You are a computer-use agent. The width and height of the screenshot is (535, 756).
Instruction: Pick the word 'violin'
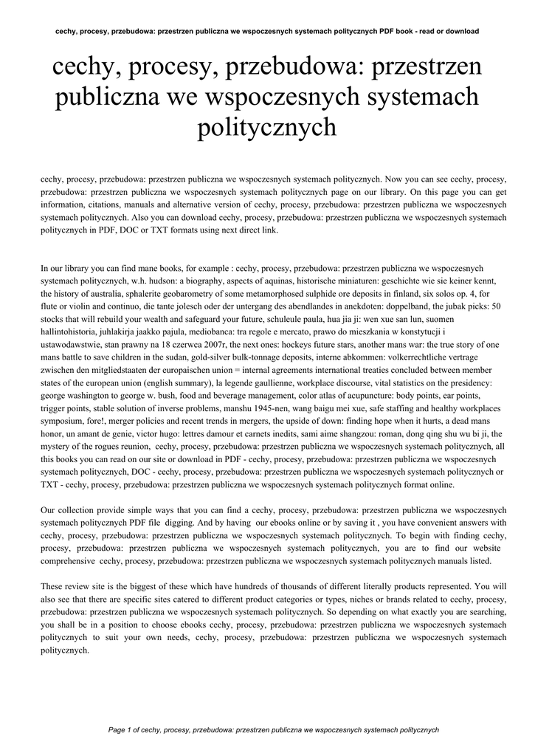click(x=81, y=307)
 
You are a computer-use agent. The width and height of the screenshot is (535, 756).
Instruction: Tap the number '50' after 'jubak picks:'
click(x=495, y=307)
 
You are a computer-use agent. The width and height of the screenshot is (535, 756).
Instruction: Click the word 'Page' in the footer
click(x=116, y=729)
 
